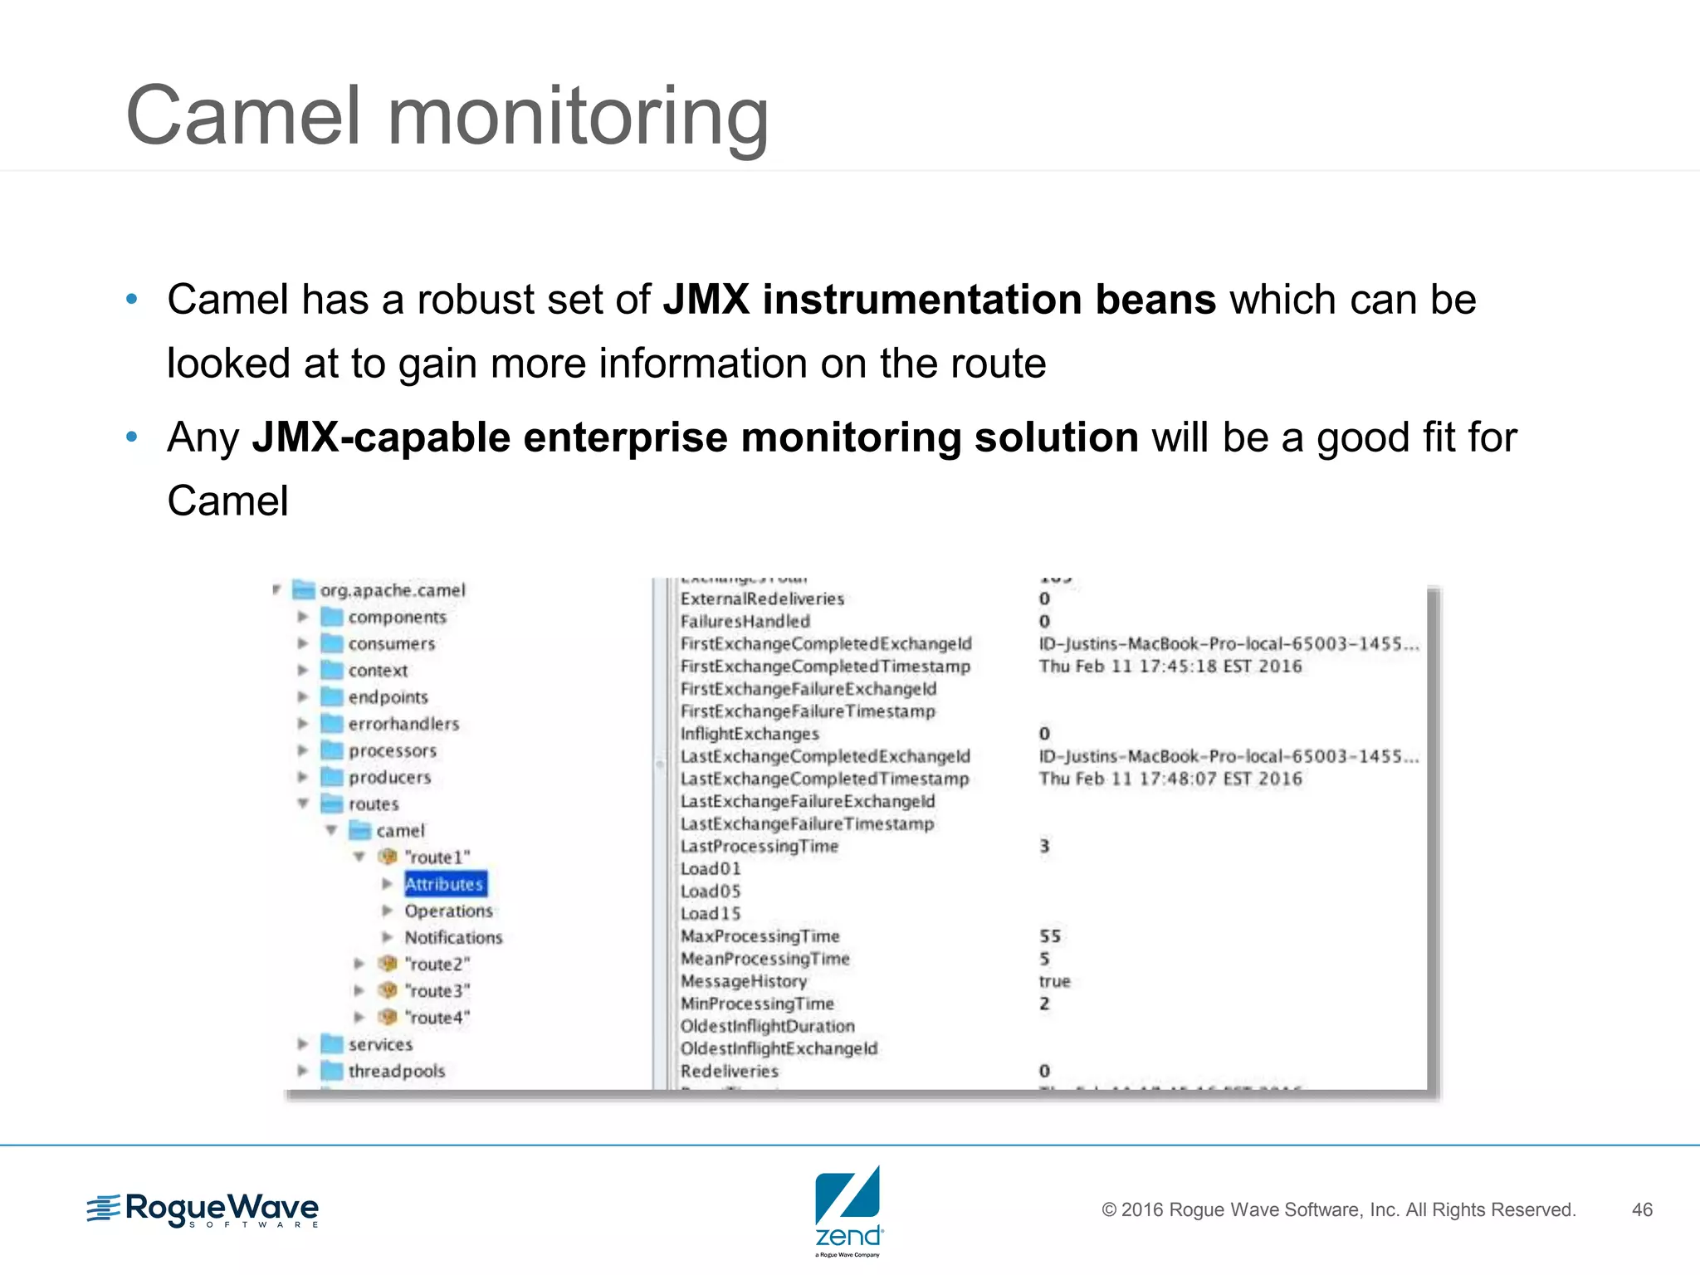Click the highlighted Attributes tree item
point(445,884)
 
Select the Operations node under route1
point(448,911)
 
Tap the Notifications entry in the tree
point(453,937)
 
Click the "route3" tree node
point(437,990)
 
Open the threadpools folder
point(396,1071)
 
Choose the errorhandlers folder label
point(403,724)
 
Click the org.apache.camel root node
point(393,590)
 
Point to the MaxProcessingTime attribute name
point(760,936)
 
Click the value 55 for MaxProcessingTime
point(1050,936)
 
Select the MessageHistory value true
point(1054,981)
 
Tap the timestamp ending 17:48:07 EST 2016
point(1170,779)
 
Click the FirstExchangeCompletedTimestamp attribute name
point(825,667)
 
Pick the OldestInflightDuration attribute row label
point(767,1026)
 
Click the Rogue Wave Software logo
point(203,1210)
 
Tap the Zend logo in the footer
point(848,1210)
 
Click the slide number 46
point(1642,1209)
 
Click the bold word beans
point(1155,300)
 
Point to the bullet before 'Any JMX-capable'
point(131,437)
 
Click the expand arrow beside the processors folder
point(303,750)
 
